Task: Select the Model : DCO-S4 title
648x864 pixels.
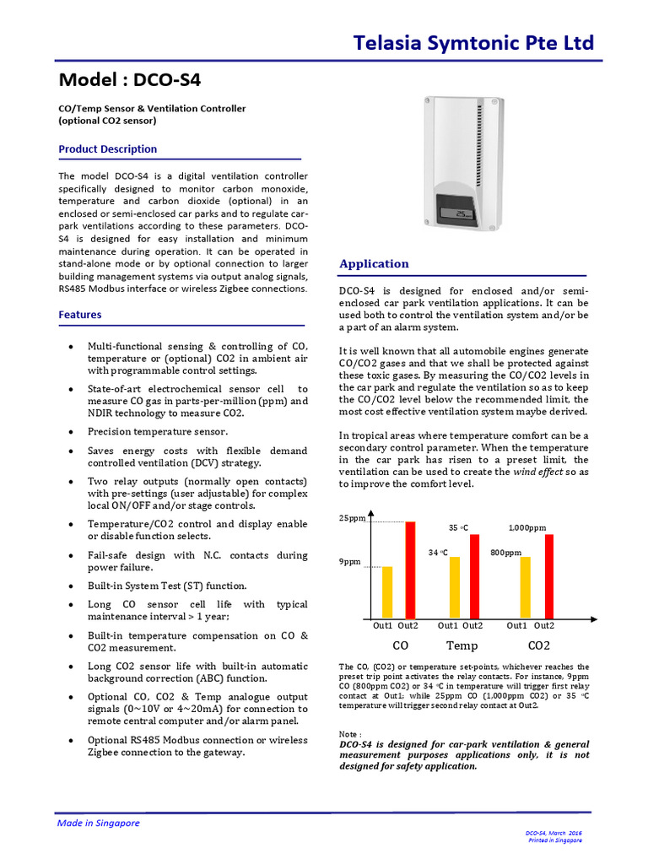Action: pos(130,80)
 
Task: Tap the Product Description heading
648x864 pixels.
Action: pos(107,149)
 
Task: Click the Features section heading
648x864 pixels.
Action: pos(80,315)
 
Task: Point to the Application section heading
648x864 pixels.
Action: pos(374,264)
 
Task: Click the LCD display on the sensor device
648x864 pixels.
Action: pos(461,214)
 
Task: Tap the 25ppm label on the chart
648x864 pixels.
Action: pos(352,518)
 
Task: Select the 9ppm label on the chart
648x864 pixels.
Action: pos(350,561)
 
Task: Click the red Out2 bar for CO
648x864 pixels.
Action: pos(411,570)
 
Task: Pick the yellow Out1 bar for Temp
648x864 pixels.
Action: pos(455,588)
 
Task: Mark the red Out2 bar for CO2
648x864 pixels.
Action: pos(549,576)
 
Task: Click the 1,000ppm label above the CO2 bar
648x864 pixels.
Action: pos(527,527)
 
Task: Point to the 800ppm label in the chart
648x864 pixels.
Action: pos(506,553)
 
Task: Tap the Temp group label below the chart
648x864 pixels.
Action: pos(462,646)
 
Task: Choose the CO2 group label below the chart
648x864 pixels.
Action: pos(537,646)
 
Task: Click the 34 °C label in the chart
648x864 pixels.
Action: pos(437,553)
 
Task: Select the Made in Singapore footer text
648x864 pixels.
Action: pos(98,823)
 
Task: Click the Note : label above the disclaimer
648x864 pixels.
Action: pos(350,735)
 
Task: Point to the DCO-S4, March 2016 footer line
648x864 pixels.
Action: pos(554,833)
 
